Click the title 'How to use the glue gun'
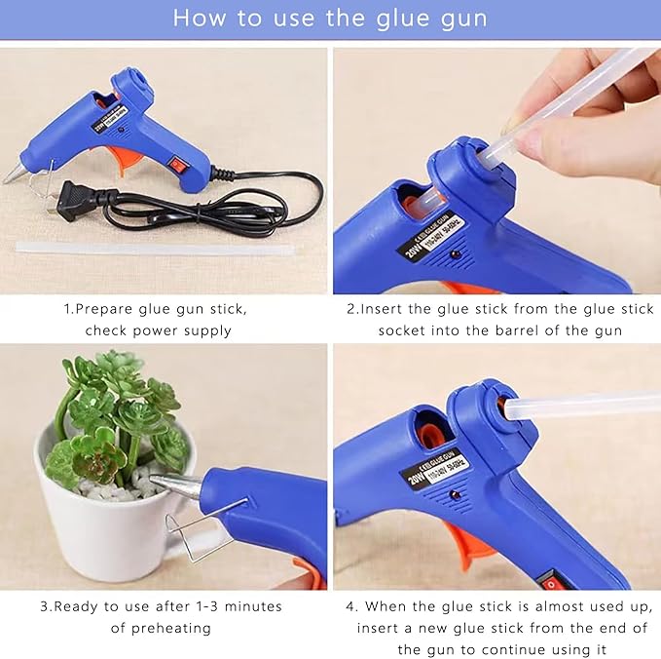330,18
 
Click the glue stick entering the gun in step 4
584,403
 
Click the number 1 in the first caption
68,309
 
